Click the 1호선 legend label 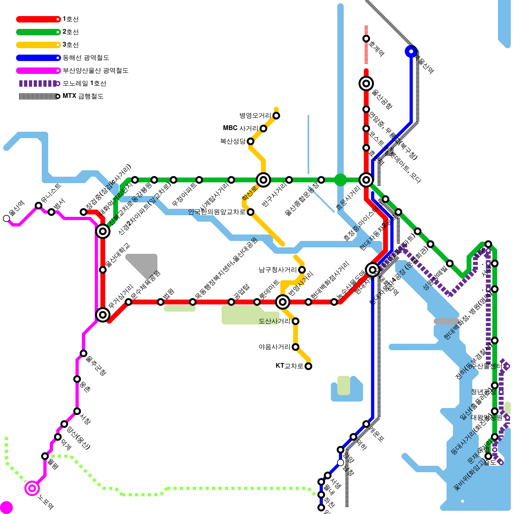tap(70, 19)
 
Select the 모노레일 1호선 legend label tap(84, 84)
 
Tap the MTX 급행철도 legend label tap(83, 96)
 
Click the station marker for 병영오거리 tap(276, 116)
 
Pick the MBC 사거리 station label tap(240, 128)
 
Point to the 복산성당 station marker tap(251, 141)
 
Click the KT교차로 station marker tap(308, 366)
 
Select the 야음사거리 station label tap(274, 347)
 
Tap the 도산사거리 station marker tap(296, 321)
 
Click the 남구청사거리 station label tap(278, 270)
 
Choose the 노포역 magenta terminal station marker tap(32, 488)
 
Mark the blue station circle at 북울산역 tap(411, 51)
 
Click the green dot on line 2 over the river tap(341, 180)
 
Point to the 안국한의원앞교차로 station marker tap(251, 212)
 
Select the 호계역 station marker tap(366, 39)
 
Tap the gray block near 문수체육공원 tap(145, 263)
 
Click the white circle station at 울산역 tap(6, 218)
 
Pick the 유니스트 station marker tap(39, 206)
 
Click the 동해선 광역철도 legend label tap(86, 58)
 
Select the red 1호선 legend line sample tap(38, 19)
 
